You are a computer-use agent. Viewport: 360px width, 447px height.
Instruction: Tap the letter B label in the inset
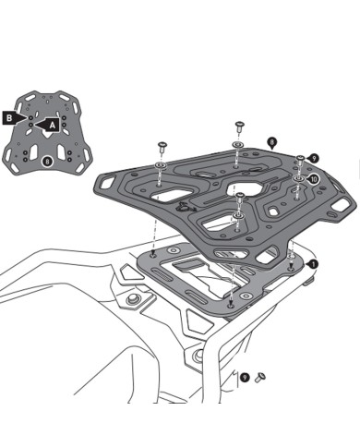(x=9, y=118)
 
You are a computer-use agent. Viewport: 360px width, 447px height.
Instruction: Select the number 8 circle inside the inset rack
(x=46, y=162)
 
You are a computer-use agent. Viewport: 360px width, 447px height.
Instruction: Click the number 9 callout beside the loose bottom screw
(x=244, y=377)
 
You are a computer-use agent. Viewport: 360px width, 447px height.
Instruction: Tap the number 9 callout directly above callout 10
(x=314, y=159)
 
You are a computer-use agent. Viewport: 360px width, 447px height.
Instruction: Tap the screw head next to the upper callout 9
(x=300, y=159)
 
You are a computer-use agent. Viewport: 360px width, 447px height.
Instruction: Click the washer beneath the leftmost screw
(x=161, y=165)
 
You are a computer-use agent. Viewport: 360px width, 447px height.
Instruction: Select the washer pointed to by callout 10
(x=298, y=177)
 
